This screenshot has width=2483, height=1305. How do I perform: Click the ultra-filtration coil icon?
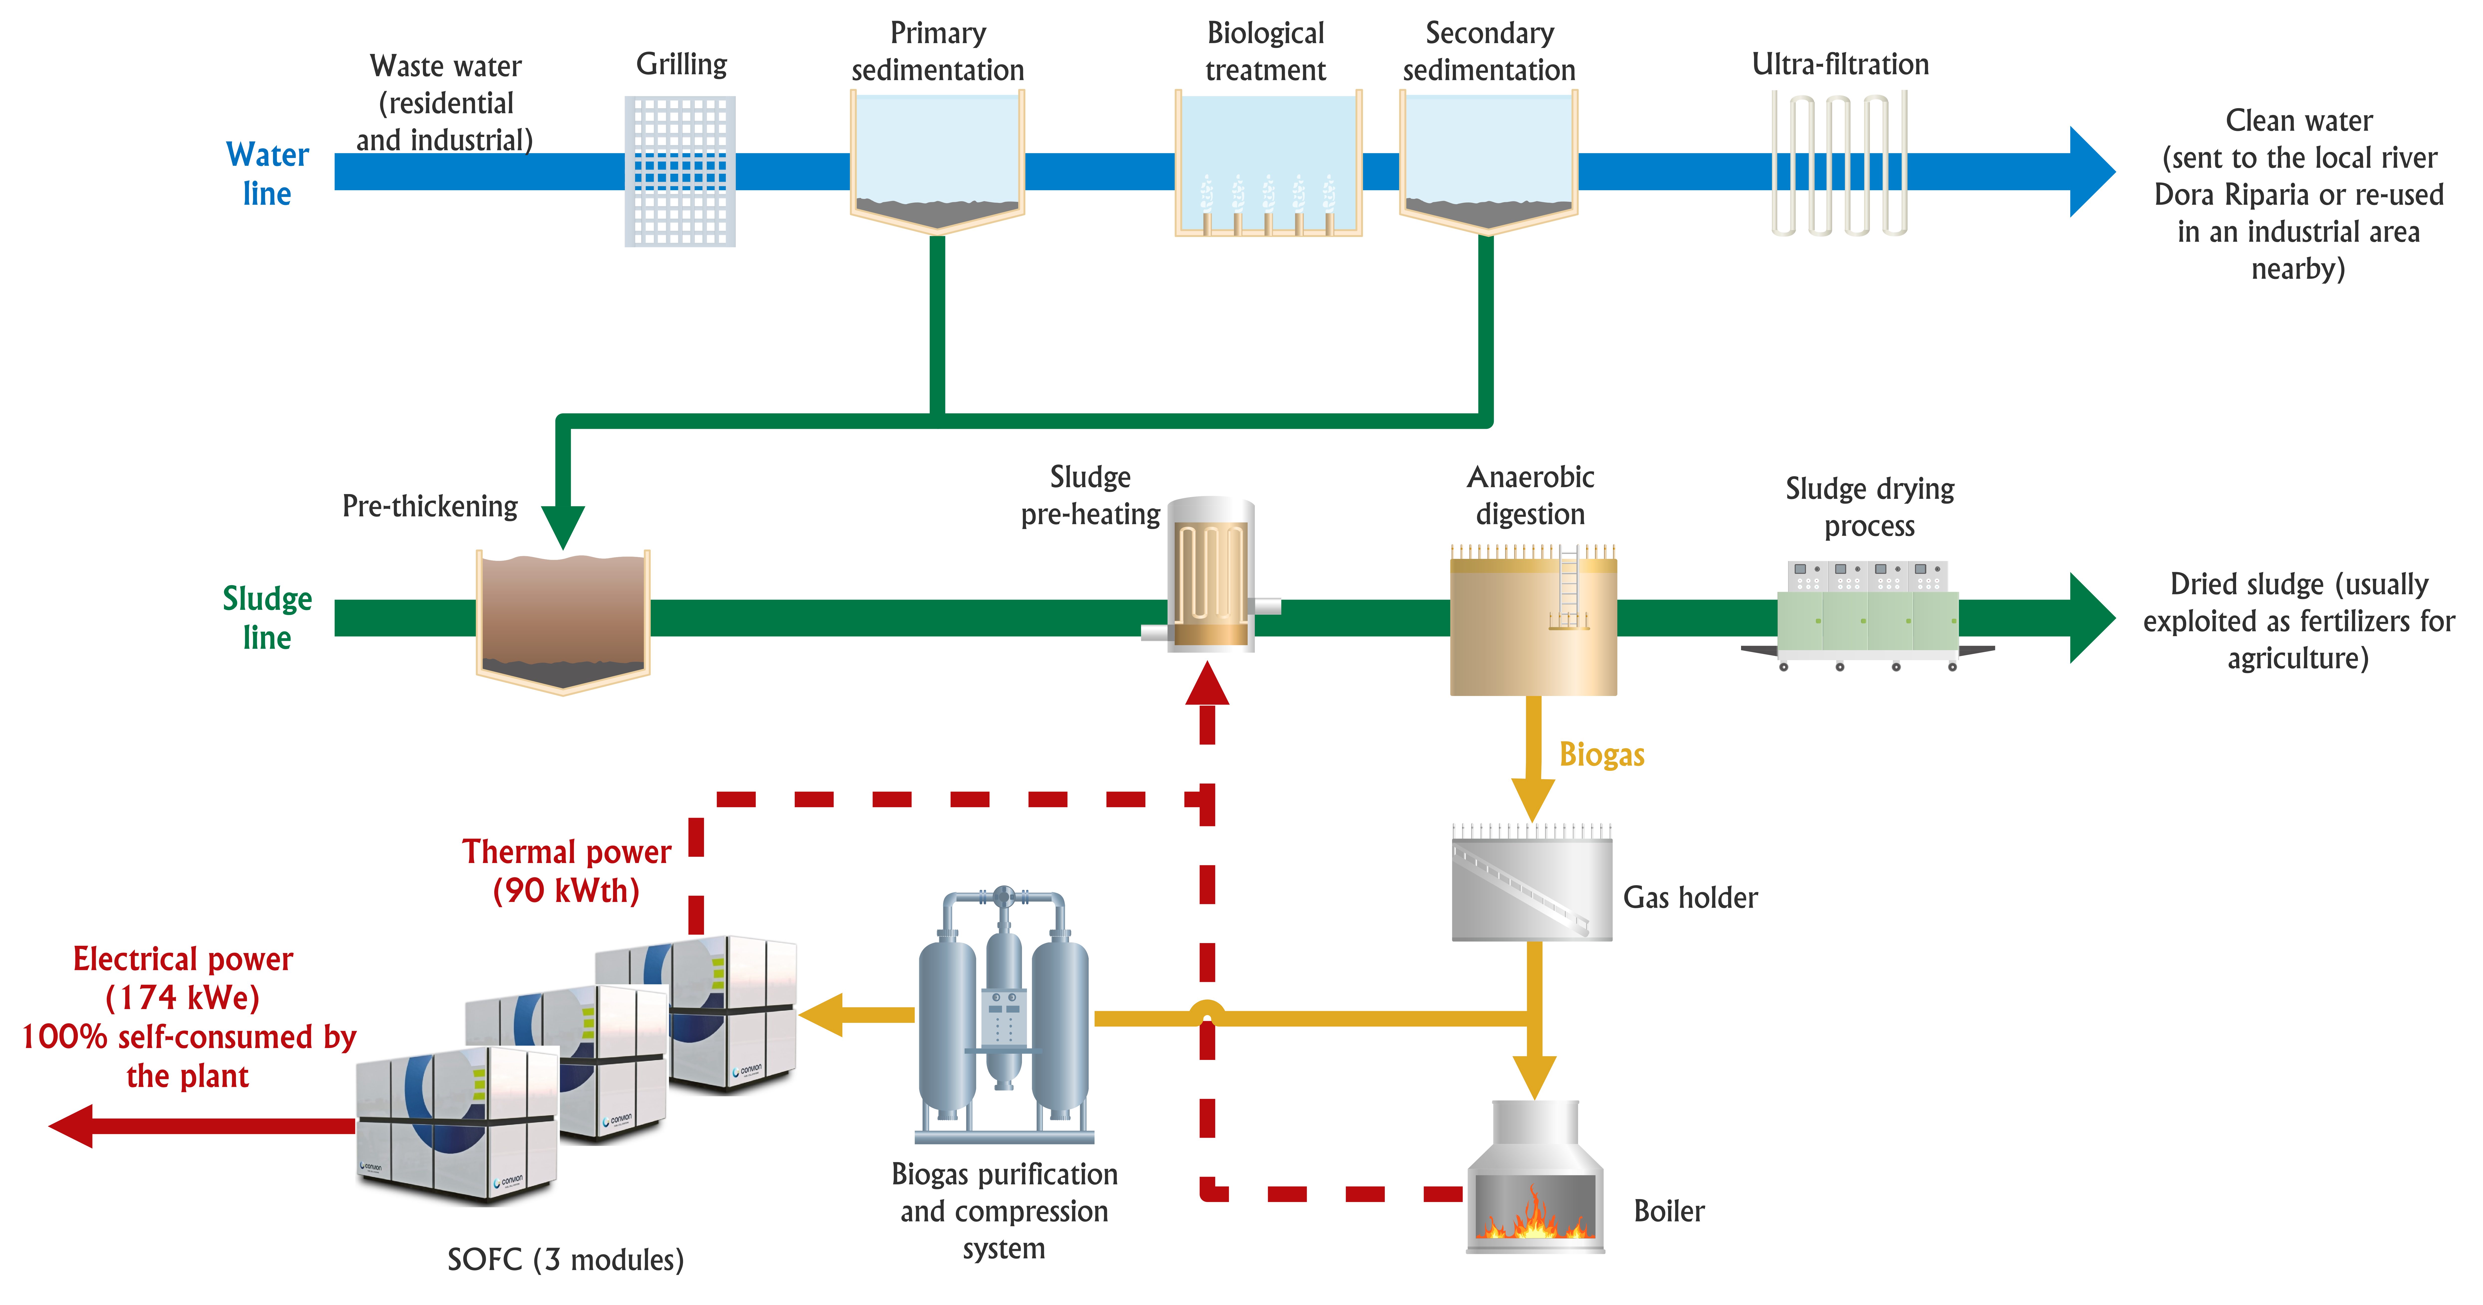click(x=1839, y=164)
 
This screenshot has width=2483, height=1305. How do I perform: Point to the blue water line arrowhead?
click(x=2092, y=172)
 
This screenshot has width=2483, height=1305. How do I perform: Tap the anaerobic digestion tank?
click(x=1533, y=620)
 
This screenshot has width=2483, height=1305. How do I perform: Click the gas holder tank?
click(x=1532, y=882)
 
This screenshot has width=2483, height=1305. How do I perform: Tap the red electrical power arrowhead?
click(x=70, y=1126)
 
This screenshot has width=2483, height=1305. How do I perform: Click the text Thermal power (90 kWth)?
click(x=567, y=870)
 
